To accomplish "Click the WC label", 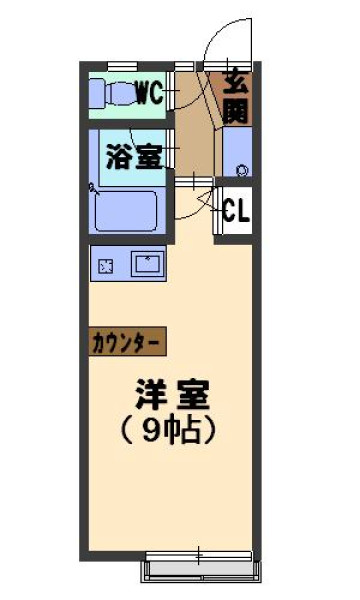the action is coord(150,93).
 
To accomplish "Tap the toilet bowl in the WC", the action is coord(122,94).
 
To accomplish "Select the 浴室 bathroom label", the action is coord(134,157).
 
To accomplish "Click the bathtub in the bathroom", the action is coord(126,210).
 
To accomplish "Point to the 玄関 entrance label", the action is coord(235,98).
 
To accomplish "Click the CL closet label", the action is coord(236,210).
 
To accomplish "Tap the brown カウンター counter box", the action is coord(127,341).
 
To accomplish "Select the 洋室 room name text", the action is coord(173,394).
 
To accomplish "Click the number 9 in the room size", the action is coord(151,433).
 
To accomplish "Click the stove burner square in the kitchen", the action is coord(106,266).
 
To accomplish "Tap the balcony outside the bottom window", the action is coord(200,572).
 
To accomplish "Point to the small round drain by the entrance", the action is coord(241,170).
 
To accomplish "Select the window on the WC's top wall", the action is coord(122,67).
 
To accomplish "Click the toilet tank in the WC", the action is coord(97,94).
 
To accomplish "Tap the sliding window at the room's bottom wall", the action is coord(199,556).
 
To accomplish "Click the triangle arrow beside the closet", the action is coord(205,199).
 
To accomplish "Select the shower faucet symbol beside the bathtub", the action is coord(93,188).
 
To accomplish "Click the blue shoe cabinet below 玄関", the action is coord(237,152).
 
